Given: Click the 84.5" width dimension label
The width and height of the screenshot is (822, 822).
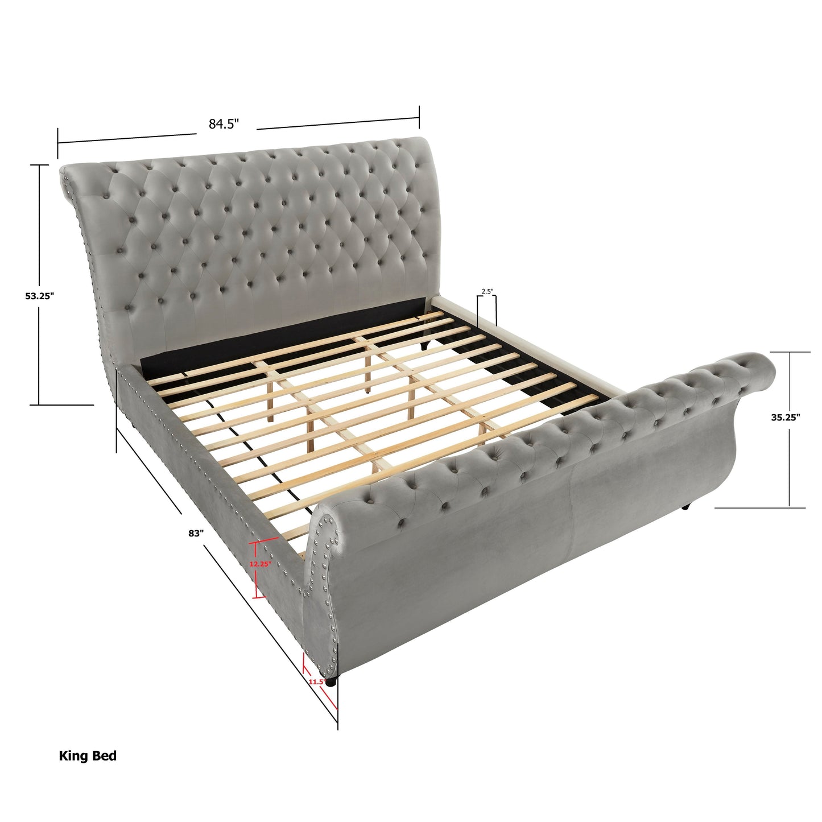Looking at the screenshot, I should (224, 124).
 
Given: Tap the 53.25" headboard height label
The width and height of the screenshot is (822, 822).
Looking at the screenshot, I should (39, 296).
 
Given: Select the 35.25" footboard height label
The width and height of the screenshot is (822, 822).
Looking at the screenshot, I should (786, 417).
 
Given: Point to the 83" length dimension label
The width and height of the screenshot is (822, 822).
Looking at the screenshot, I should (196, 534).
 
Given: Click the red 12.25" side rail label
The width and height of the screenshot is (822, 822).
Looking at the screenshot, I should (259, 564).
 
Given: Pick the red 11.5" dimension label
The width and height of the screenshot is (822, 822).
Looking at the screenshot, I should (316, 682).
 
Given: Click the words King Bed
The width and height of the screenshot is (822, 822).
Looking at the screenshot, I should (88, 756).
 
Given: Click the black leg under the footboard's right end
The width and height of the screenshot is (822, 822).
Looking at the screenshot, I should (688, 506).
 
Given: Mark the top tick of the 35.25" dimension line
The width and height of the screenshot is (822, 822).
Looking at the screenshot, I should (790, 353).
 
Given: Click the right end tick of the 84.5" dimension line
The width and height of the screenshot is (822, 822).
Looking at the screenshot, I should (419, 117).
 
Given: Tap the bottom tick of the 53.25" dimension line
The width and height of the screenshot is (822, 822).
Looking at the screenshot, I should (39, 404).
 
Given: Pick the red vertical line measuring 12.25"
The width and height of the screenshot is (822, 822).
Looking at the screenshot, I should (258, 569).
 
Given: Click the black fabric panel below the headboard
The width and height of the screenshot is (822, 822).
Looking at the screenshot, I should (284, 333).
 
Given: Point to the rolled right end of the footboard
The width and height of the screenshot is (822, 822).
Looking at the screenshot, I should (759, 370).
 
